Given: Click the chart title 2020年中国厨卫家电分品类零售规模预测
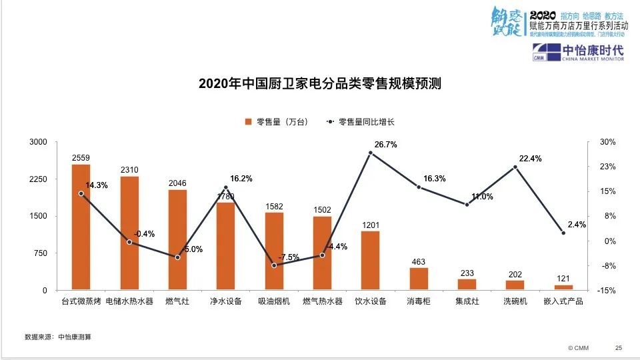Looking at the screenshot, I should point(320,85).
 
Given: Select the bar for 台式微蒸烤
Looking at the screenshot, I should point(81,227).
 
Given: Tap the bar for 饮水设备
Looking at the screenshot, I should point(370,260).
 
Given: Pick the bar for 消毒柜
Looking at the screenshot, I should point(419,279).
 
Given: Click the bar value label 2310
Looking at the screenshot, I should point(129,170).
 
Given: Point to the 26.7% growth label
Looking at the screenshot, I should point(386,145).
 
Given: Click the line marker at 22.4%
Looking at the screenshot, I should point(515,167).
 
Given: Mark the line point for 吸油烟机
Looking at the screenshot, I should point(274,265).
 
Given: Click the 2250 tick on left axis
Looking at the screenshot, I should point(38,179).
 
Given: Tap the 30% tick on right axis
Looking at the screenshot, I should point(607,142).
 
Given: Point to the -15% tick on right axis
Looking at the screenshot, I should point(607,291).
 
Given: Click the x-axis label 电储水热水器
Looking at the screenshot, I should point(129,301).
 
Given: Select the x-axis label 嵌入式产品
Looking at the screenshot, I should point(563,301).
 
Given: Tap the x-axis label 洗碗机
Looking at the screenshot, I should point(515,301).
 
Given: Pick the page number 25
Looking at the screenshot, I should point(618,347).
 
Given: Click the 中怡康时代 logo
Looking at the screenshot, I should point(578,53).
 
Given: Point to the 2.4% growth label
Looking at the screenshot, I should point(577,225).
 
